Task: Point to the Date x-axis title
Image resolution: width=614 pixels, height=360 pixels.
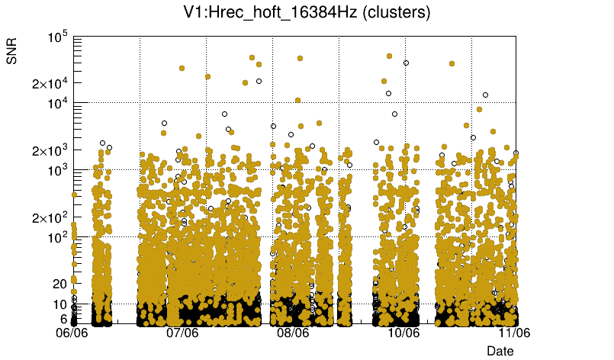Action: click(500, 350)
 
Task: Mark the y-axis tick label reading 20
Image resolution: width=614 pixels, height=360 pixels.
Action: click(59, 284)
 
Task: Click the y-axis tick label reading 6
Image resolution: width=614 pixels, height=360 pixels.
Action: click(63, 318)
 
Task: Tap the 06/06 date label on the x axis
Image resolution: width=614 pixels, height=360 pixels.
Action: click(74, 333)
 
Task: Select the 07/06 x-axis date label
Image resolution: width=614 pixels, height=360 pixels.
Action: click(182, 333)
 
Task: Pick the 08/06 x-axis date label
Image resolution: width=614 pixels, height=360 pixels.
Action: click(293, 333)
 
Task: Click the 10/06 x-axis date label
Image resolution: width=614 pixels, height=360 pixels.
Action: click(403, 333)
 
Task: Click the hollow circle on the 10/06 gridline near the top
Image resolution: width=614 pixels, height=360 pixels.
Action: click(406, 63)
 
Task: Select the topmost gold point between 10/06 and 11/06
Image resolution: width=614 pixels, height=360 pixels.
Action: click(452, 64)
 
